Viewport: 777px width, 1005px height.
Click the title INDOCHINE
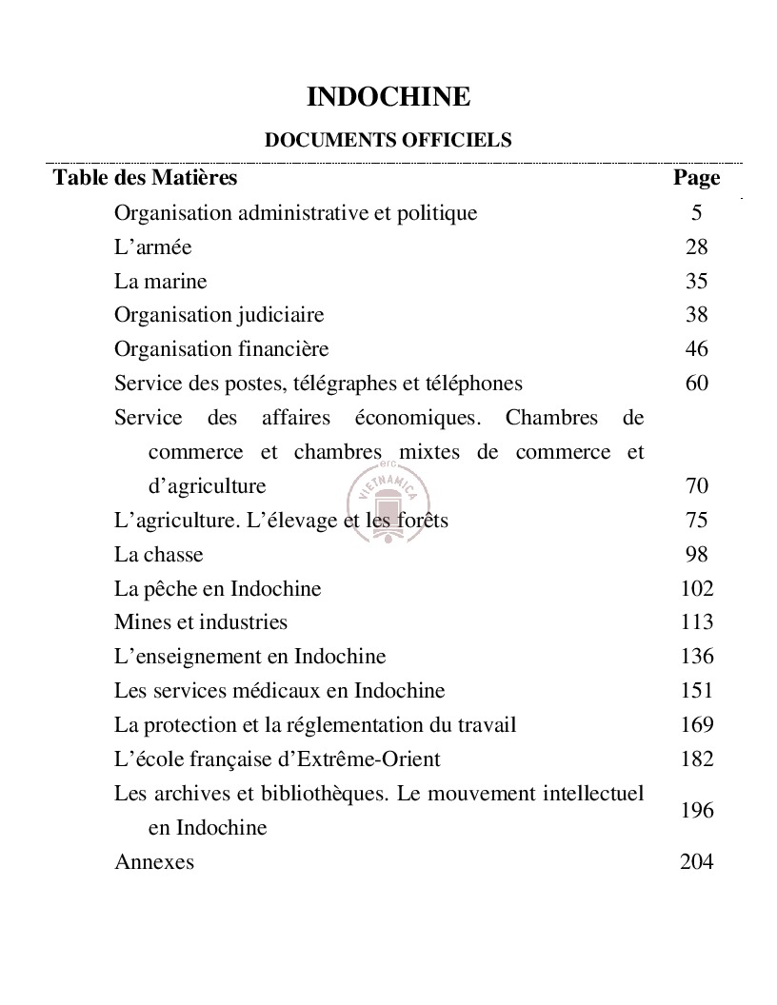pos(388,97)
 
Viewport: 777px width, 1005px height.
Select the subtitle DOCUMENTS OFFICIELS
pos(388,141)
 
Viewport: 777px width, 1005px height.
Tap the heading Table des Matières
pos(145,177)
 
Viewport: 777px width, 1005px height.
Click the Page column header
pos(696,177)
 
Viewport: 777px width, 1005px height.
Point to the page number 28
pos(696,246)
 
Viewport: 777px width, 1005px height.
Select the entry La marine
pos(160,281)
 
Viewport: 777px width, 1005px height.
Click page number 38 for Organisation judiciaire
pos(696,315)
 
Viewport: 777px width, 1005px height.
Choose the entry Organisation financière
pos(221,349)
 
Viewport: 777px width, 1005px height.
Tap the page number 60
pos(696,384)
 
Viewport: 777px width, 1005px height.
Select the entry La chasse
pos(158,554)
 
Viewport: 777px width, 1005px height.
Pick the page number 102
pos(696,588)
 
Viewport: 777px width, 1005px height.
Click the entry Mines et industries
pos(200,622)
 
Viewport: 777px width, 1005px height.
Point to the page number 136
pos(696,657)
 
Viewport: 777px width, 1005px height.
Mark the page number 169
pos(696,725)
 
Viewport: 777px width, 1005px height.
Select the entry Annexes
pos(153,862)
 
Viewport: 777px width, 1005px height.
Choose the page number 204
pos(696,862)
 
